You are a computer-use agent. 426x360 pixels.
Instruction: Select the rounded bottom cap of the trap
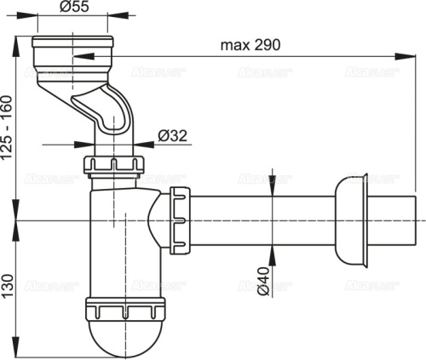coord(125,336)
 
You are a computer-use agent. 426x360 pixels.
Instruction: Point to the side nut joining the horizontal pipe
coord(180,220)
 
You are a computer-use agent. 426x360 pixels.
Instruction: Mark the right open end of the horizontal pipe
coord(415,220)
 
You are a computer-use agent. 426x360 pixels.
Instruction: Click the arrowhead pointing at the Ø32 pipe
coord(140,144)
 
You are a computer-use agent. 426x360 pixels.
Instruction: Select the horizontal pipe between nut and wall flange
coord(264,220)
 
